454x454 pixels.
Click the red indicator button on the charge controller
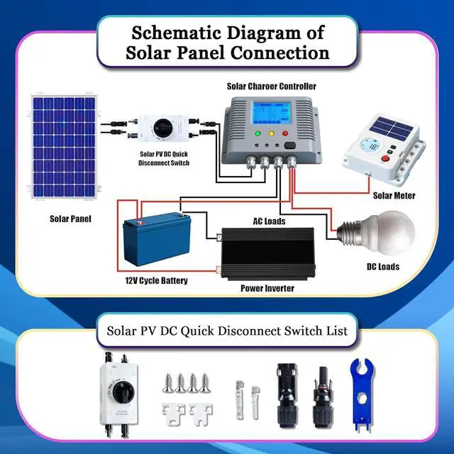click(285, 133)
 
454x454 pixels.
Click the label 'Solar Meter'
click(394, 195)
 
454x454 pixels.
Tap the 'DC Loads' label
click(382, 267)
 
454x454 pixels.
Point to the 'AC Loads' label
click(270, 221)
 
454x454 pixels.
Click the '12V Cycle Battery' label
click(156, 281)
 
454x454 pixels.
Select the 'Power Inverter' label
click(267, 289)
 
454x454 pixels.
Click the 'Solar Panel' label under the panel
click(70, 218)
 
